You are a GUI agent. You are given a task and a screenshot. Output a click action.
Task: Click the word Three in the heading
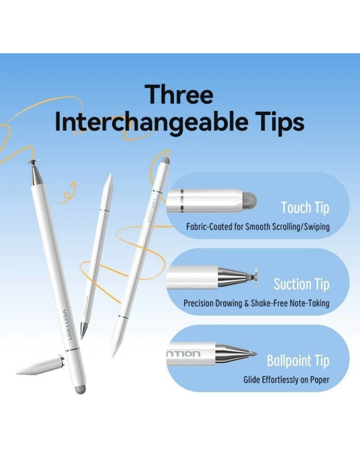pos(179,94)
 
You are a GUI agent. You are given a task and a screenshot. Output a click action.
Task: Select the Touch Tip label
pos(305,208)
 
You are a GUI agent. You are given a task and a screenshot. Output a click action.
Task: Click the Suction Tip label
pos(301,284)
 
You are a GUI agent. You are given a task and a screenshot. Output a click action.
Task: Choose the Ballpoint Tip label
pos(298,361)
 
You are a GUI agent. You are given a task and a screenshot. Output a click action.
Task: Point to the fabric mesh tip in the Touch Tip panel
pos(249,200)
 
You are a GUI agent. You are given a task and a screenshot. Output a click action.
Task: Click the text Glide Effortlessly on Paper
pos(286,380)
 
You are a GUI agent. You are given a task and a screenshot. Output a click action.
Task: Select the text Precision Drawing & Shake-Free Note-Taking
pos(256,303)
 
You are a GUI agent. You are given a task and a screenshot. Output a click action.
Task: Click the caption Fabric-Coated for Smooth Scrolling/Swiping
pos(258,227)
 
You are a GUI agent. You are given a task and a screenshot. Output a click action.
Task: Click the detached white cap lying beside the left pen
pos(41,365)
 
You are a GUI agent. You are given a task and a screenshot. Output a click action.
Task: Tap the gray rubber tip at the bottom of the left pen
pos(79,389)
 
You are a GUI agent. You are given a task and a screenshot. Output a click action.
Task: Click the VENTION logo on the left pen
pos(67,325)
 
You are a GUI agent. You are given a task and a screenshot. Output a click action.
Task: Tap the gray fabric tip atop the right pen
pos(166,162)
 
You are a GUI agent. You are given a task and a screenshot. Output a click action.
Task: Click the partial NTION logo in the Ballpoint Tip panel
pos(183,354)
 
